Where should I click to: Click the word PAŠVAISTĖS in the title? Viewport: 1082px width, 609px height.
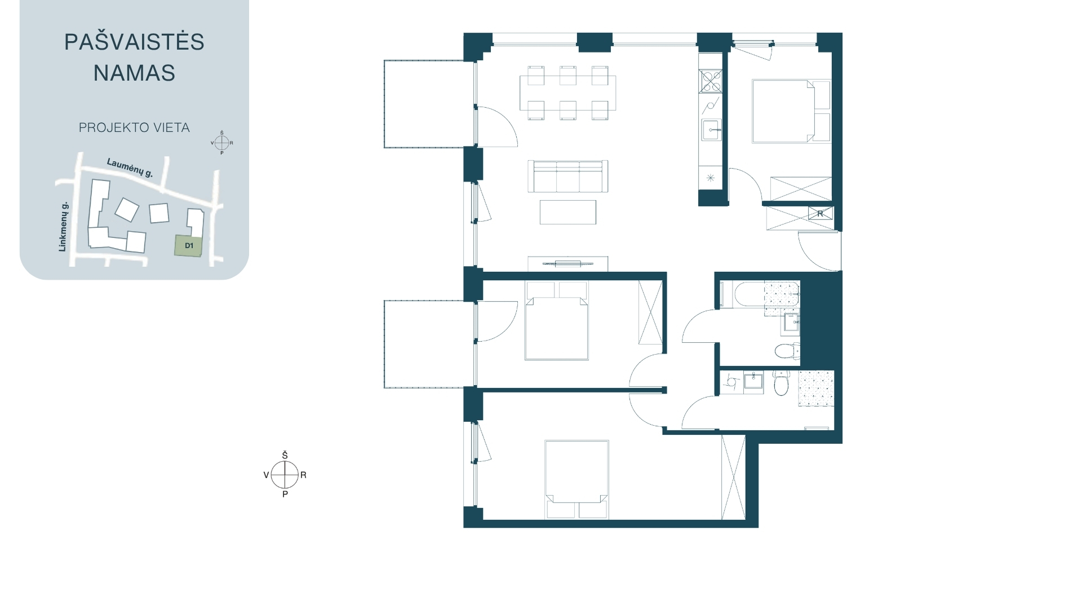tap(134, 41)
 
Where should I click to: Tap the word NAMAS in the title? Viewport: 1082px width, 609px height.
tap(134, 73)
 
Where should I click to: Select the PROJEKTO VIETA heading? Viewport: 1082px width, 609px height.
tap(134, 128)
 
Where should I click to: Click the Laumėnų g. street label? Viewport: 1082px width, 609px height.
tap(130, 168)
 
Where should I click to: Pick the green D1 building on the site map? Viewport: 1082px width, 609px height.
tap(188, 246)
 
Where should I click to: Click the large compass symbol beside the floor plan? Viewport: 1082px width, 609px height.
tap(285, 475)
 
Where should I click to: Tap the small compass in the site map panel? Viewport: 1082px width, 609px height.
tap(221, 143)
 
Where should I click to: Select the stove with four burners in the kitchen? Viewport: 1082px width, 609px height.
tap(710, 81)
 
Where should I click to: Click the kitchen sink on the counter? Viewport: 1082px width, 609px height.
tap(711, 130)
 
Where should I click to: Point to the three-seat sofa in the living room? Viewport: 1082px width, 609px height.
tap(567, 176)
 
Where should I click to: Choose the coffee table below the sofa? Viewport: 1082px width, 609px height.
tap(567, 212)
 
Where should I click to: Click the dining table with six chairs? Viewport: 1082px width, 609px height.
tap(568, 93)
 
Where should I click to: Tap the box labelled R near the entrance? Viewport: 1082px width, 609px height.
tap(820, 214)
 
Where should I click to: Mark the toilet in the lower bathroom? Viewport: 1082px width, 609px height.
tap(781, 383)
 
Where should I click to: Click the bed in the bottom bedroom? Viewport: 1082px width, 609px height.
tap(577, 479)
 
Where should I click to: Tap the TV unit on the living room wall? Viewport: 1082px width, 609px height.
tap(567, 263)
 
